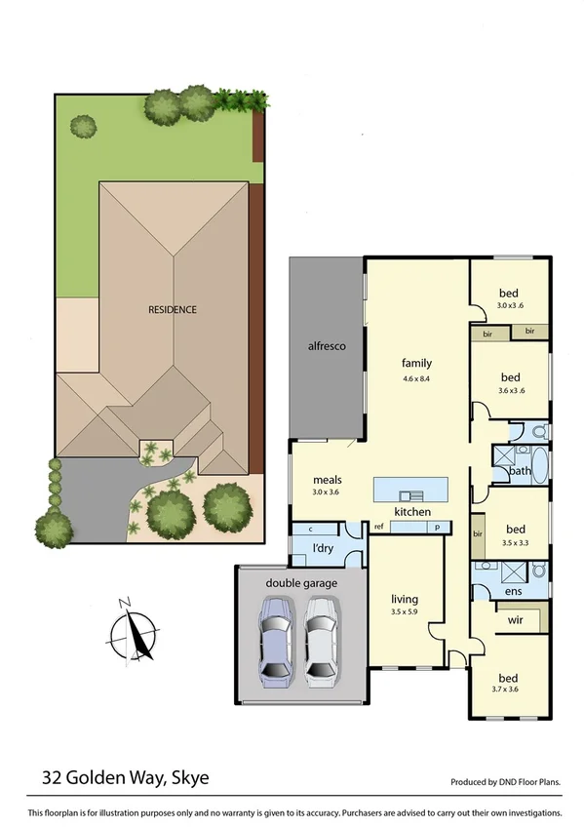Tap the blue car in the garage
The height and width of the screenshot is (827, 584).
[275, 640]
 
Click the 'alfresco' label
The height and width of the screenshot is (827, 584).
[327, 346]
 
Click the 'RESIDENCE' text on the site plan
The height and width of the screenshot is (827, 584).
[172, 310]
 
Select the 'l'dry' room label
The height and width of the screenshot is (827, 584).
[323, 550]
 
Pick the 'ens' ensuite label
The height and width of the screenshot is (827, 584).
[512, 590]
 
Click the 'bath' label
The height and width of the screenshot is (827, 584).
[520, 472]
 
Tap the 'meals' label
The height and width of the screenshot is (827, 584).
[327, 480]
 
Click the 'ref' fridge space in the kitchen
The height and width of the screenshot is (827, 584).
[376, 527]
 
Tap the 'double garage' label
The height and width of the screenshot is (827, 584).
[301, 582]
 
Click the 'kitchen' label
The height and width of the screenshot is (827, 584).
[411, 512]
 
